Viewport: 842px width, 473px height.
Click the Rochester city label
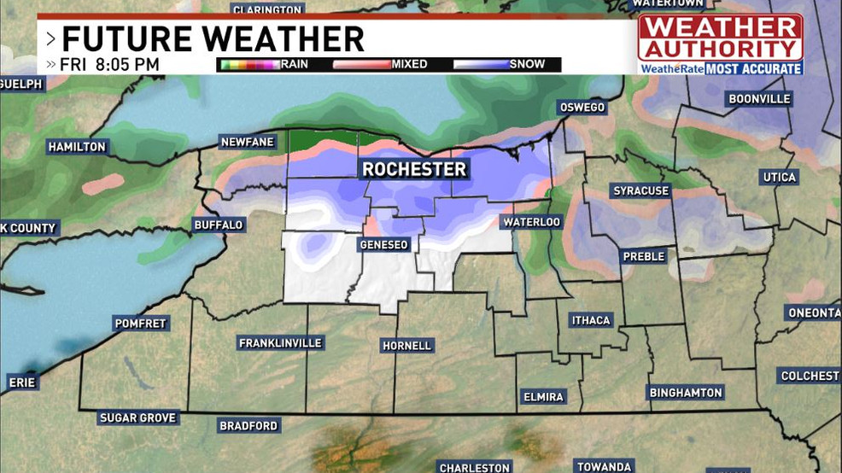click(x=414, y=169)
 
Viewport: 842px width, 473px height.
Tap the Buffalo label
click(x=219, y=225)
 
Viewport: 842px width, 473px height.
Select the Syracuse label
click(x=640, y=191)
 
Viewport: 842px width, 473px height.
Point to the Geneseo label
click(x=383, y=245)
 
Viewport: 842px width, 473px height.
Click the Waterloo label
click(x=531, y=222)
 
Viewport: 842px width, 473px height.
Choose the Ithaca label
click(x=591, y=320)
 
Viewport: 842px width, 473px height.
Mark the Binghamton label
click(x=686, y=393)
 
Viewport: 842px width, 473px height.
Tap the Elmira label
click(x=543, y=397)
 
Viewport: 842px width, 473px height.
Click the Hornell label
click(x=407, y=346)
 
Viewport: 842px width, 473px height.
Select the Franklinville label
click(x=280, y=343)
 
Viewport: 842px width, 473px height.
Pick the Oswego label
click(x=582, y=108)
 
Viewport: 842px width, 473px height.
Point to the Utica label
click(x=778, y=178)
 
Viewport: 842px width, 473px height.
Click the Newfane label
click(x=247, y=142)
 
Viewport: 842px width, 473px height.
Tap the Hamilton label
click(x=77, y=147)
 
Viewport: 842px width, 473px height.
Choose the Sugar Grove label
click(x=137, y=418)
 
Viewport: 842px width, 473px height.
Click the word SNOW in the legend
click(x=527, y=64)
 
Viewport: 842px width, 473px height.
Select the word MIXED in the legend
click(x=409, y=64)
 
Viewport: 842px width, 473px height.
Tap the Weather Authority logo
click(x=720, y=44)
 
